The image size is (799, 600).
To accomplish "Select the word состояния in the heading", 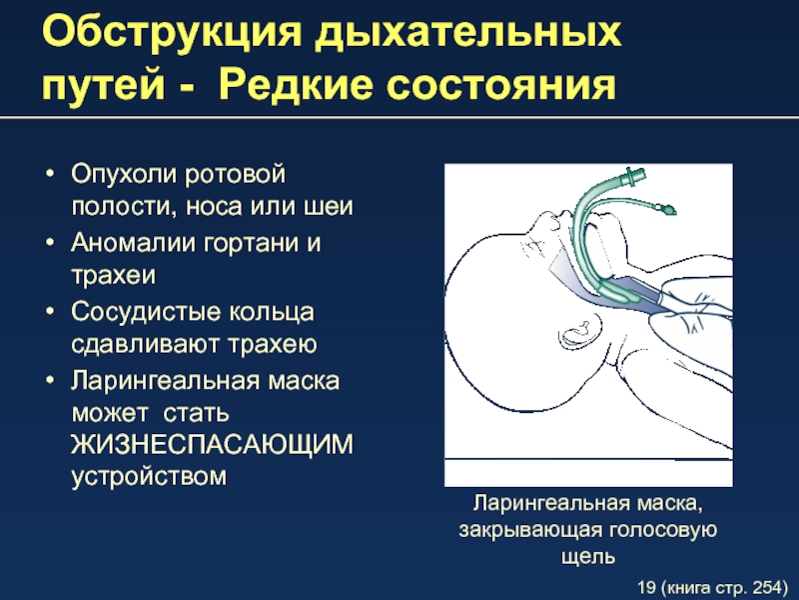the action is [501, 85].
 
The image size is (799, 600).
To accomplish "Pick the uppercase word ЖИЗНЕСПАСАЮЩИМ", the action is [212, 444].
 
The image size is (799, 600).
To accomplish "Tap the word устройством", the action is [149, 477].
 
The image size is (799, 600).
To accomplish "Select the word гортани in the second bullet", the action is [251, 243].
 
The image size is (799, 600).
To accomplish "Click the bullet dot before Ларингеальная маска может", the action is [49, 381].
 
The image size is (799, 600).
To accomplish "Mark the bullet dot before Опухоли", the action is [49, 173].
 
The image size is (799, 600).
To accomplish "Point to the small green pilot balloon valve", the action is [666, 208].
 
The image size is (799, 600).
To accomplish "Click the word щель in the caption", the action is [588, 556].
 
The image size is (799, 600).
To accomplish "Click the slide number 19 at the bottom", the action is [646, 587].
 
